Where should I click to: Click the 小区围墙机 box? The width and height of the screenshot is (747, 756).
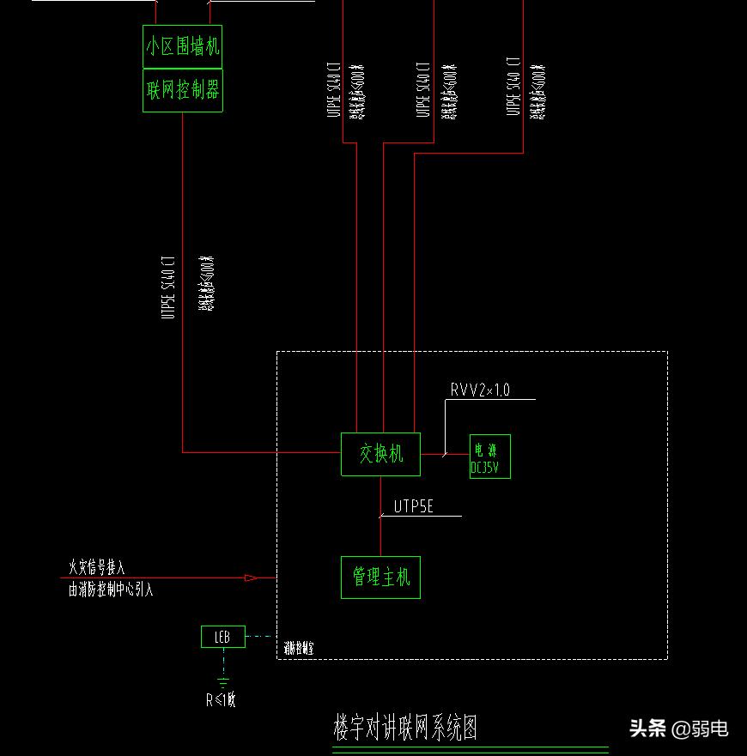pyautogui.click(x=182, y=46)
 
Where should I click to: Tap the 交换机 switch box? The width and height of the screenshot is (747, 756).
pyautogui.click(x=380, y=453)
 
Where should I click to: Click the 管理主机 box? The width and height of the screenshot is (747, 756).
pyautogui.click(x=380, y=577)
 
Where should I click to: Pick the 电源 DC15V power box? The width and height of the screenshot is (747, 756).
pyautogui.click(x=489, y=456)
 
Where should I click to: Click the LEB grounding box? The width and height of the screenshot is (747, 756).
pyautogui.click(x=222, y=637)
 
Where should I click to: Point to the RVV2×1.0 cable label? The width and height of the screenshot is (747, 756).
pyautogui.click(x=480, y=390)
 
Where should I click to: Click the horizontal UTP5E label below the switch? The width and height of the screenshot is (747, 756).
pyautogui.click(x=414, y=507)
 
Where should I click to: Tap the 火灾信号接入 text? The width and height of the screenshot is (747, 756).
pyautogui.click(x=97, y=567)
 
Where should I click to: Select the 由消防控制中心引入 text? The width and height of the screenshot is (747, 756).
pyautogui.click(x=112, y=590)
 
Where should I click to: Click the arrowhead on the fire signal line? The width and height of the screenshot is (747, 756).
pyautogui.click(x=251, y=578)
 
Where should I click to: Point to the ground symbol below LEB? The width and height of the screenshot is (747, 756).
pyautogui.click(x=223, y=683)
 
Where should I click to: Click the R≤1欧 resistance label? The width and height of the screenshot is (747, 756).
pyautogui.click(x=221, y=700)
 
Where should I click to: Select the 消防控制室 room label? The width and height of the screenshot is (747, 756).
pyautogui.click(x=299, y=650)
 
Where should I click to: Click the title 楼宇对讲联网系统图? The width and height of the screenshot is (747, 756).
pyautogui.click(x=404, y=728)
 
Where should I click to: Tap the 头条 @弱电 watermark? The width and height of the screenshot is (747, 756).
pyautogui.click(x=679, y=729)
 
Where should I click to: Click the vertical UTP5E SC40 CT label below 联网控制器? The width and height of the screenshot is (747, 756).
pyautogui.click(x=168, y=287)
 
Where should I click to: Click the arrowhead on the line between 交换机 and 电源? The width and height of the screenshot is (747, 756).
pyautogui.click(x=446, y=454)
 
